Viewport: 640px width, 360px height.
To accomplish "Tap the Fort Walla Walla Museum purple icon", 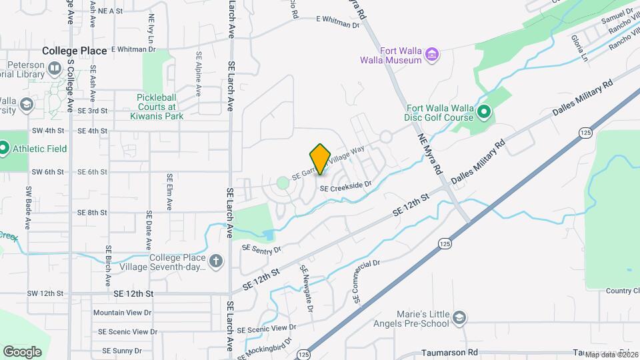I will click(x=432, y=54).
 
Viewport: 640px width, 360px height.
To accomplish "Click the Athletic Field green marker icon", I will click(x=3, y=148).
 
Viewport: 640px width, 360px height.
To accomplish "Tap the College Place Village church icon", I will click(x=215, y=261).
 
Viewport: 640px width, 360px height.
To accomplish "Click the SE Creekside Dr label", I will click(x=345, y=189).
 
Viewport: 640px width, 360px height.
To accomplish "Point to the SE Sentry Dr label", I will click(x=262, y=249).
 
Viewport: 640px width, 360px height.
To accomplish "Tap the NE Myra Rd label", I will click(x=431, y=153).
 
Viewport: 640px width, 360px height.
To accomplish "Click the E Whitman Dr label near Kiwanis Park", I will click(x=133, y=49).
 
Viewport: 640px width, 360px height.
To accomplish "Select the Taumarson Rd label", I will click(x=450, y=352).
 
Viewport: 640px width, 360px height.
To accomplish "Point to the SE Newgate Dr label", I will click(x=307, y=288).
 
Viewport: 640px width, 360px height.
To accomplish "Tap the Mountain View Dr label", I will click(x=122, y=312).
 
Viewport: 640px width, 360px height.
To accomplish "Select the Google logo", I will click(x=22, y=351).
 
